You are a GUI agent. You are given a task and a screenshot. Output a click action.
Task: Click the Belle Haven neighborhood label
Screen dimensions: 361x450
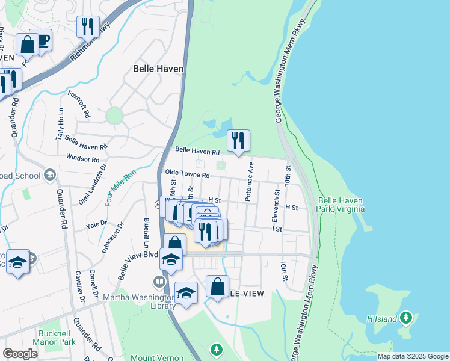pos(158,69)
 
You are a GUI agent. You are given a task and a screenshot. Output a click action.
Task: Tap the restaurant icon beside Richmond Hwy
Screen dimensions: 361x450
pos(88,27)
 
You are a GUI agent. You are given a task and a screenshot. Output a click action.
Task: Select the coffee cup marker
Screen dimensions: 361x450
pos(42,41)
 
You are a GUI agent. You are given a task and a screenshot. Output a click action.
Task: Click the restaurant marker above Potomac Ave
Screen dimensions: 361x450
pos(238,141)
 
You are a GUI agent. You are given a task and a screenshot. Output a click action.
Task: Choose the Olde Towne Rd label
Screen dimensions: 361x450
pos(187,175)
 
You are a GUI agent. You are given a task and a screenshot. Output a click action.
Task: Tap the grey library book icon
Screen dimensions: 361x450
pos(159,282)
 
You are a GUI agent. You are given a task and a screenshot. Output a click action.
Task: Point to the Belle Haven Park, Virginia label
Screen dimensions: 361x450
pos(341,205)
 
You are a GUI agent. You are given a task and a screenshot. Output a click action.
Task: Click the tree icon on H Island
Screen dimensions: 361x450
pos(406,317)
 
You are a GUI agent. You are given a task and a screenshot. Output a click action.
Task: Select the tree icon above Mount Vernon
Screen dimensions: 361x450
pos(216,349)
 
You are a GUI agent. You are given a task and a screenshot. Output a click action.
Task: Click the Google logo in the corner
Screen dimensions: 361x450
pos(20,354)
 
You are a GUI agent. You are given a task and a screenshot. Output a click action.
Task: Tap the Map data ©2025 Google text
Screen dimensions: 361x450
pos(412,356)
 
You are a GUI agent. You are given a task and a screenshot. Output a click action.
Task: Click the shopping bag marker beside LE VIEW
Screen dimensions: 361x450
pos(217,286)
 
